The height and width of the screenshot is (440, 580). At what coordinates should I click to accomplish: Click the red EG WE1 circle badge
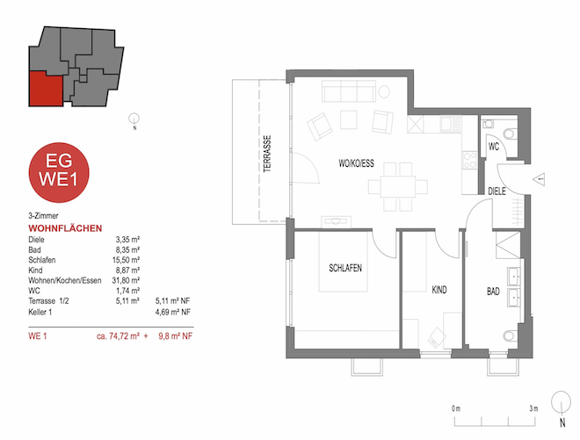[58, 170]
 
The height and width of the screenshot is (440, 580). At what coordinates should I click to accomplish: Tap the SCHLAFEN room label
[346, 268]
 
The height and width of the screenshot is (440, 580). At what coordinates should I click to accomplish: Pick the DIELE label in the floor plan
[498, 191]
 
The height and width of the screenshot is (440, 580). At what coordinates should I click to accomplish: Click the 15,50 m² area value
[128, 259]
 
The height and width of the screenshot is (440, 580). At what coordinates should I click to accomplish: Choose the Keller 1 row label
[42, 310]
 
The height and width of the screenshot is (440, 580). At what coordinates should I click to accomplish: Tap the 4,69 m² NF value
[175, 310]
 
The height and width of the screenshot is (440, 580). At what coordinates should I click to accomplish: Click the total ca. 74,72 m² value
[120, 335]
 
